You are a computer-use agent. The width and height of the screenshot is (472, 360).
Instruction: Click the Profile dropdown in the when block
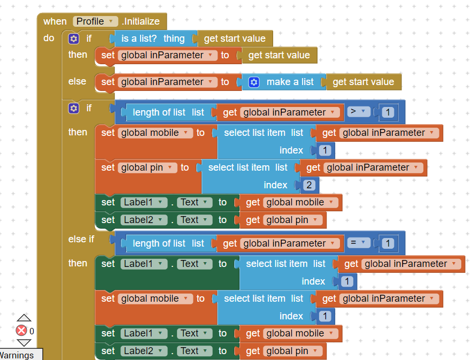point(95,21)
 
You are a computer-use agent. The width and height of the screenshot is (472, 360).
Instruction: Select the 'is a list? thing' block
point(152,39)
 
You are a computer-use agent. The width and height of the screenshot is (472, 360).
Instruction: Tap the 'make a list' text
point(290,82)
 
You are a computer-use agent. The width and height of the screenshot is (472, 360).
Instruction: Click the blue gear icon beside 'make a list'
point(254,82)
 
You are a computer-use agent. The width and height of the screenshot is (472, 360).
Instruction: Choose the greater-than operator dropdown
point(358,112)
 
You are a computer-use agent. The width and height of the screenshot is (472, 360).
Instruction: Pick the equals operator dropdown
point(358,243)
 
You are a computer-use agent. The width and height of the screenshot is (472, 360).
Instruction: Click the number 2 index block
point(309,185)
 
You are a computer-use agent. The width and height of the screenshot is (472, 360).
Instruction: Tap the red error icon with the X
point(21,331)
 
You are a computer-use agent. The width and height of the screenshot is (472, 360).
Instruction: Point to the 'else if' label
point(81,239)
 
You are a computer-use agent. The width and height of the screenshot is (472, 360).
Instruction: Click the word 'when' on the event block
point(55,21)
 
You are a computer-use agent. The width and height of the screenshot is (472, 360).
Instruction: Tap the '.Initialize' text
point(141,21)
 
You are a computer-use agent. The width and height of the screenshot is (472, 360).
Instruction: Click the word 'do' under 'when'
point(49,39)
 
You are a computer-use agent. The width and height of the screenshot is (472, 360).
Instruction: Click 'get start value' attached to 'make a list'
point(363,82)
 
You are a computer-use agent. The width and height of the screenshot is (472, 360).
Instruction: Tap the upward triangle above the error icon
point(24,318)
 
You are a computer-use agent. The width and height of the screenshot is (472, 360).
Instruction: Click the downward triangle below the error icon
point(24,343)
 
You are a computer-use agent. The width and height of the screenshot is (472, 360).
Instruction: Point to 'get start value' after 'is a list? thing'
point(235,39)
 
